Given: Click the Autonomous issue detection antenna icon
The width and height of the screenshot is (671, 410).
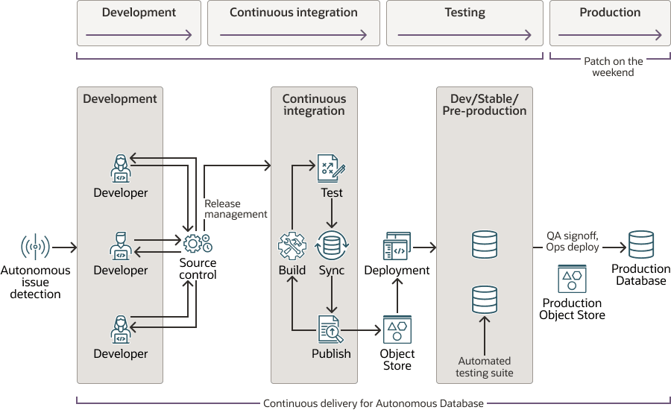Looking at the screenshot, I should pyautogui.click(x=35, y=247).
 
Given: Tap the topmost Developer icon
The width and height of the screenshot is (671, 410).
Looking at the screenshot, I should pyautogui.click(x=120, y=169).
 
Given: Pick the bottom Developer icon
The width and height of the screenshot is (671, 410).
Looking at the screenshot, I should pyautogui.click(x=120, y=329).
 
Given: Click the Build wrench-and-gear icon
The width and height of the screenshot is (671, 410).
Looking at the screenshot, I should pyautogui.click(x=292, y=246).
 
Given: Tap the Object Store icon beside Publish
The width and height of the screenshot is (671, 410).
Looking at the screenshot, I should pyautogui.click(x=397, y=329).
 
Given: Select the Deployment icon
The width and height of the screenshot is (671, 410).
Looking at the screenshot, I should pyautogui.click(x=397, y=246).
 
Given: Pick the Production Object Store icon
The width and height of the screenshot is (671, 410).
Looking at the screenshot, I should pyautogui.click(x=572, y=280).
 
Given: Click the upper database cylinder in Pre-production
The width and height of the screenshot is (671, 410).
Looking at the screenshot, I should pyautogui.click(x=485, y=245).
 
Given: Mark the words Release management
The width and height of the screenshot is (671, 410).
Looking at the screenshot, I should pyautogui.click(x=236, y=209).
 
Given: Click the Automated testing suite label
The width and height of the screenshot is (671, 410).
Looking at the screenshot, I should pyautogui.click(x=485, y=367).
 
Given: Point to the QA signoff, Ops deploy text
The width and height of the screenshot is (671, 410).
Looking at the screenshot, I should pyautogui.click(x=573, y=242).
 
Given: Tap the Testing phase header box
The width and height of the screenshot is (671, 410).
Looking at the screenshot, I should pyautogui.click(x=464, y=23).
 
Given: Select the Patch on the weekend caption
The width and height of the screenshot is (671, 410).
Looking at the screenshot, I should pyautogui.click(x=613, y=67).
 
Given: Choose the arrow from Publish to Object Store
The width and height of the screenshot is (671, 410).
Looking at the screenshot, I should pyautogui.click(x=365, y=329).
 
